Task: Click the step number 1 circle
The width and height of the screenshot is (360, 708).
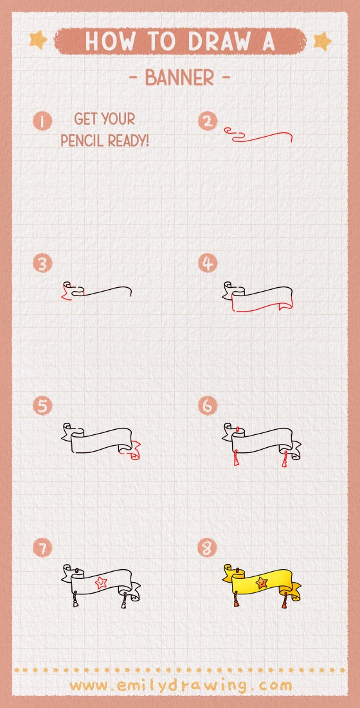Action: coord(43,121)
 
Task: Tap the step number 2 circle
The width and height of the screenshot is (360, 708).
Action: coord(208,121)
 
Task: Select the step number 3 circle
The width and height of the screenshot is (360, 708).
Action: coord(43,263)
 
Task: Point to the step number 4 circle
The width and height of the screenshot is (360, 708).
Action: coord(208,263)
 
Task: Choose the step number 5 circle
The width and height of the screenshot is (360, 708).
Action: coord(43,405)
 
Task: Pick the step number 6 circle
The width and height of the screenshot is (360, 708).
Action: coord(208,405)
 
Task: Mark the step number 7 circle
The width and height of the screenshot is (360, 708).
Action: coord(43,547)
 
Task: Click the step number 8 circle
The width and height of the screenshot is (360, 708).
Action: coord(208,547)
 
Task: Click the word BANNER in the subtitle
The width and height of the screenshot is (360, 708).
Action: coord(179,78)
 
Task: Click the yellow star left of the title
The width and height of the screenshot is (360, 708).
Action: coord(38,40)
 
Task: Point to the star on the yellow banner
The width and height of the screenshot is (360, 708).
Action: coord(261,583)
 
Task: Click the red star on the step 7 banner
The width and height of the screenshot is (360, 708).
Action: coord(101,583)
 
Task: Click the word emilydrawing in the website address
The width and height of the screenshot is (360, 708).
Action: coord(181,685)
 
